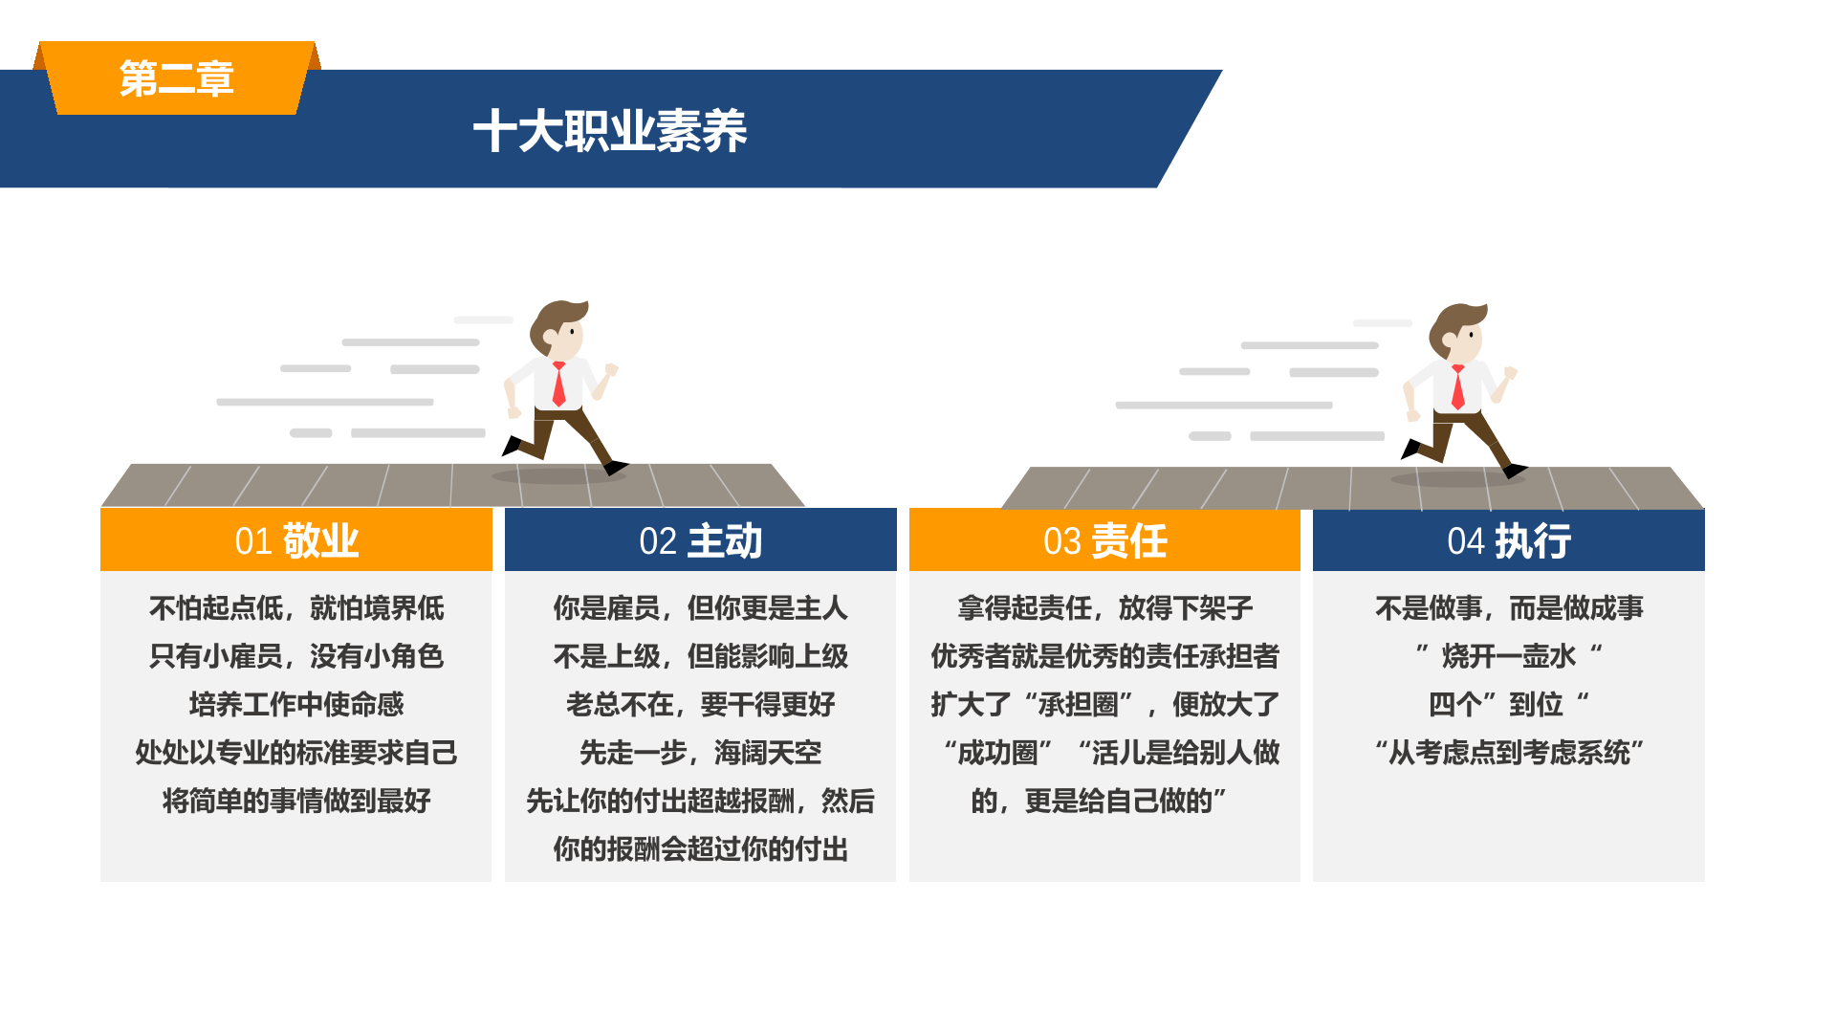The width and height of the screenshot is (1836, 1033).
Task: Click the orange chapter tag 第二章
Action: [177, 78]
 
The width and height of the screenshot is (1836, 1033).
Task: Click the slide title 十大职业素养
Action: [610, 131]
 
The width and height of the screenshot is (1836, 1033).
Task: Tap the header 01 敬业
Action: [296, 540]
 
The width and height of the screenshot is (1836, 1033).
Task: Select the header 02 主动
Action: [701, 540]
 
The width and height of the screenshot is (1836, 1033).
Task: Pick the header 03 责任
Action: [1104, 540]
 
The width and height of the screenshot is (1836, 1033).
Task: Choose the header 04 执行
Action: [1509, 540]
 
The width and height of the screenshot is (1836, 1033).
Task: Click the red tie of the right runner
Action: [1457, 387]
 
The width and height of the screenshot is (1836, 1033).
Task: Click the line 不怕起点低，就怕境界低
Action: [296, 608]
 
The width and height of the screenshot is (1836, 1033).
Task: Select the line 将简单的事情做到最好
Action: [296, 801]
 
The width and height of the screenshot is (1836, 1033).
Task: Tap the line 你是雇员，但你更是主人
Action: [701, 608]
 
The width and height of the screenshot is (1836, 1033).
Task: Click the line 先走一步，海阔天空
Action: [701, 753]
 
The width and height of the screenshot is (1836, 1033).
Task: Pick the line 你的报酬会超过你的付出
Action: [701, 849]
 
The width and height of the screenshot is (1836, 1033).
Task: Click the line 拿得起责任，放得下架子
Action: [1104, 608]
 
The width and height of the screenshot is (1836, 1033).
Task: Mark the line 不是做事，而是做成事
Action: [1509, 608]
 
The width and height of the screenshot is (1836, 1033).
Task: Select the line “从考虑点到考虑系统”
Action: [1509, 753]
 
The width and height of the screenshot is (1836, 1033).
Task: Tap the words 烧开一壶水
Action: [1509, 656]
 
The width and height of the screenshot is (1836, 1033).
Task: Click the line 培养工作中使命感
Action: [296, 705]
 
